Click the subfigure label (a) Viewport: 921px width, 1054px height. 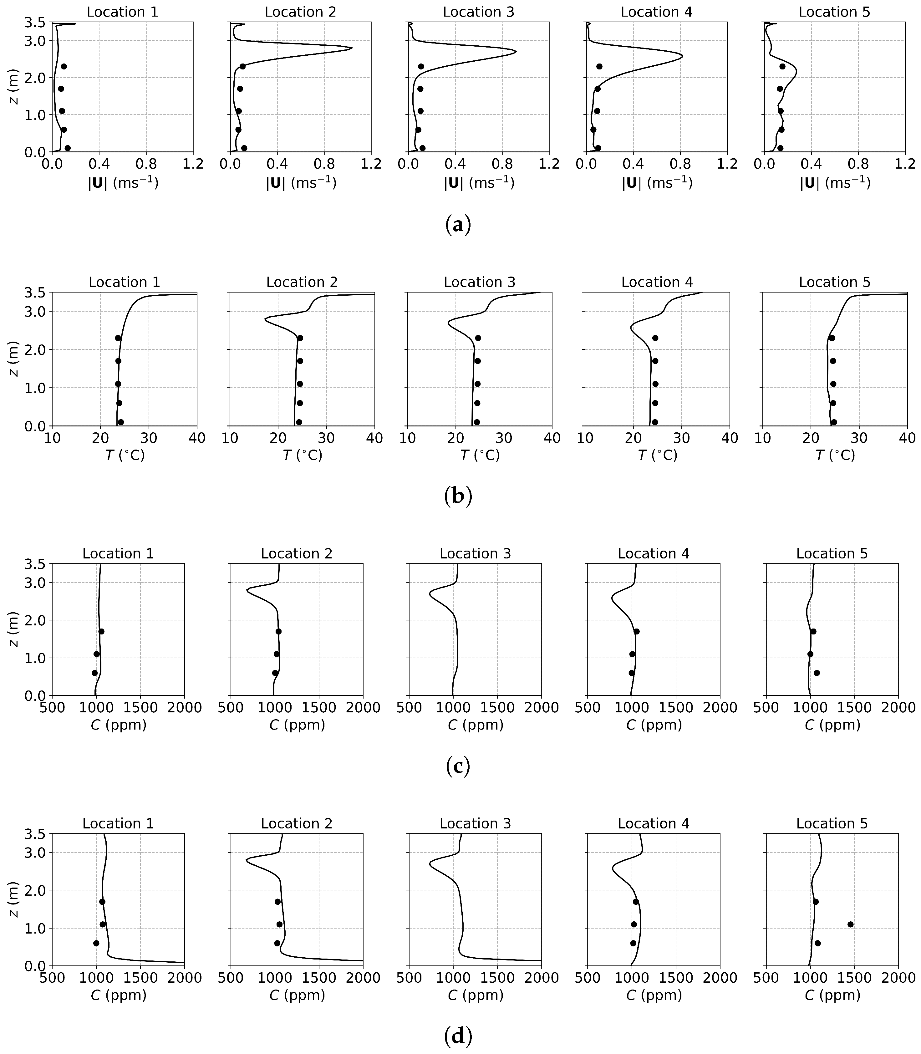pyautogui.click(x=457, y=225)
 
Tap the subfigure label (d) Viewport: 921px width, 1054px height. pyautogui.click(x=457, y=1036)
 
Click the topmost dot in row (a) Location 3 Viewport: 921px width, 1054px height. pyautogui.click(x=421, y=66)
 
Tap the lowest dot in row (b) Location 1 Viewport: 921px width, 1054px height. pyautogui.click(x=121, y=422)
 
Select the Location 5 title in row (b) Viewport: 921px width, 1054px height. pyautogui.click(x=834, y=282)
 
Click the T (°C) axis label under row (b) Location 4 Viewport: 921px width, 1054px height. pyautogui.click(x=657, y=455)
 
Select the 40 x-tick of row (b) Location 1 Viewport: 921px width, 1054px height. pyautogui.click(x=197, y=438)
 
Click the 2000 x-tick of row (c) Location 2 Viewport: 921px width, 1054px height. pyautogui.click(x=363, y=708)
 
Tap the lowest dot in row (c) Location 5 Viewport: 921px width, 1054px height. pyautogui.click(x=817, y=673)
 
